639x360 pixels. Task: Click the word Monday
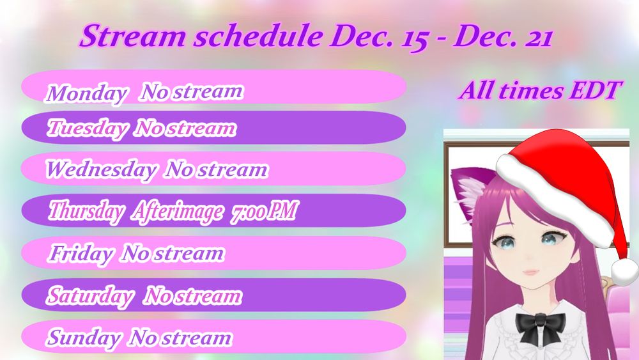(x=86, y=93)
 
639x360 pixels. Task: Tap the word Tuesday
(x=87, y=128)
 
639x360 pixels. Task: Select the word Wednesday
(x=101, y=169)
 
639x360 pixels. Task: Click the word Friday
(x=81, y=254)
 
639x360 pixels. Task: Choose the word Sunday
(x=84, y=338)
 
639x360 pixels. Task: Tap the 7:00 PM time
(x=265, y=211)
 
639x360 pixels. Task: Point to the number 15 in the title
(x=415, y=38)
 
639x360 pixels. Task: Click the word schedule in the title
(x=258, y=36)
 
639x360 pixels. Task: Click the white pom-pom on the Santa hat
(x=625, y=272)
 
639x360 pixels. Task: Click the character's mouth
(x=532, y=271)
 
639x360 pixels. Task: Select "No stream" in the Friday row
(x=173, y=253)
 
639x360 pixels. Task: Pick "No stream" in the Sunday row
(x=181, y=338)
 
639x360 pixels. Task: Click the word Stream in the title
(x=133, y=36)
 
